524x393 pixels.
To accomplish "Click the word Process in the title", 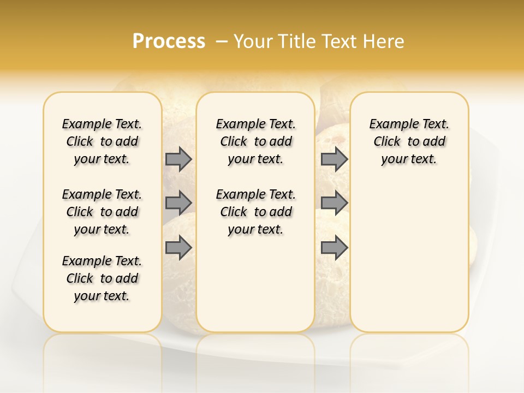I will pos(169,41).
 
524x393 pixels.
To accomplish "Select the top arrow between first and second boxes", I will pos(178,159).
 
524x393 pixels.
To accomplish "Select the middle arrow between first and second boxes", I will pos(178,203).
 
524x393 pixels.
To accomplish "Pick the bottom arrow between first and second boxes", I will pos(178,248).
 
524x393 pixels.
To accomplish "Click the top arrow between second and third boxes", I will pos(334,159).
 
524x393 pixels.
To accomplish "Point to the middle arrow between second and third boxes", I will pos(334,203).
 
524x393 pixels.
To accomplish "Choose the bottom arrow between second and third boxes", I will pos(334,248).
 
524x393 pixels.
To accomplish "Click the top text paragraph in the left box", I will pos(102,141).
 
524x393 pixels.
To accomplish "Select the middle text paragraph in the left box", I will pos(102,212).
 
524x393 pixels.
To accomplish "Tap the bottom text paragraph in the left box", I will pos(102,278).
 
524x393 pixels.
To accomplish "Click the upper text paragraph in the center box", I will pos(255,141).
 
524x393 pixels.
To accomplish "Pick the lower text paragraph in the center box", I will pos(255,212).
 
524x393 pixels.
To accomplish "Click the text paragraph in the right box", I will pos(409,141).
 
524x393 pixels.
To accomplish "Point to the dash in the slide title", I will pos(222,41).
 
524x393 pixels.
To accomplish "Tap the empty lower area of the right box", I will pos(409,257).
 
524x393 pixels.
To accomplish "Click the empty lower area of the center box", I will pos(255,284).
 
